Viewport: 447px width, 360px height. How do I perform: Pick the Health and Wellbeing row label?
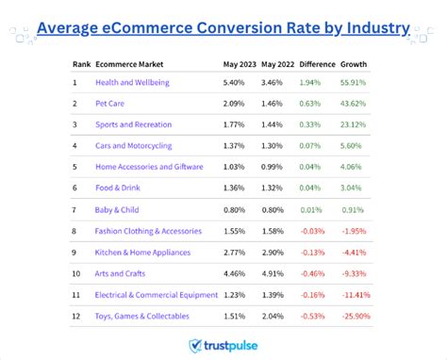pyautogui.click(x=132, y=82)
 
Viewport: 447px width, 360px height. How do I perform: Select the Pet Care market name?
pyautogui.click(x=111, y=104)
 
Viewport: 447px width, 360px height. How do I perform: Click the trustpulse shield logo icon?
pyautogui.click(x=195, y=347)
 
